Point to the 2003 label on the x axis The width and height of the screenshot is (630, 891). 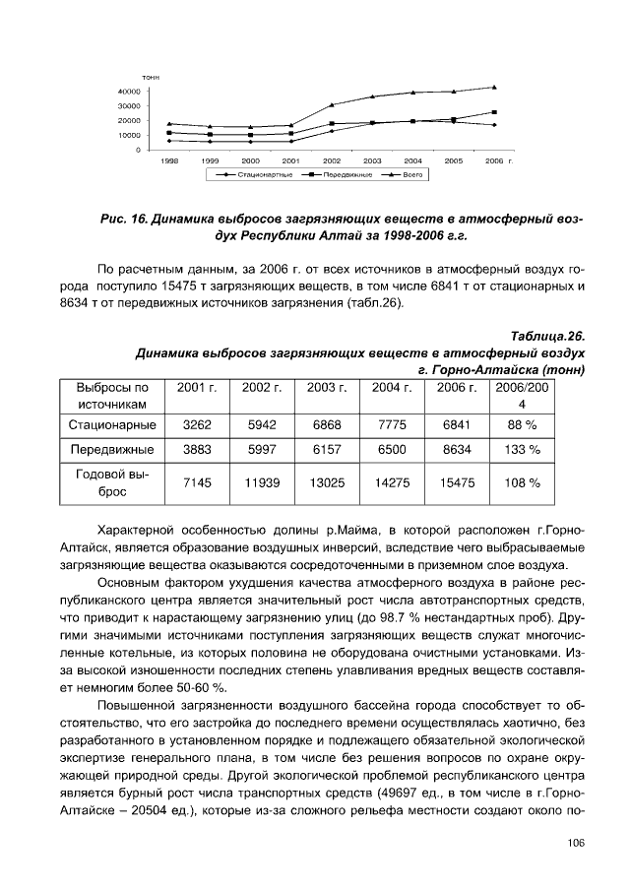tap(372, 159)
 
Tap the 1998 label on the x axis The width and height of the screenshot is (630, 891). tap(169, 159)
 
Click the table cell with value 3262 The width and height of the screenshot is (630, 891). tap(198, 424)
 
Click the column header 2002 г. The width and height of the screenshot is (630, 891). tap(263, 389)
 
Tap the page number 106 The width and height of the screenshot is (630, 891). tap(576, 842)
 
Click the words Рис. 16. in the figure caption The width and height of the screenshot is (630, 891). tap(123, 220)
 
